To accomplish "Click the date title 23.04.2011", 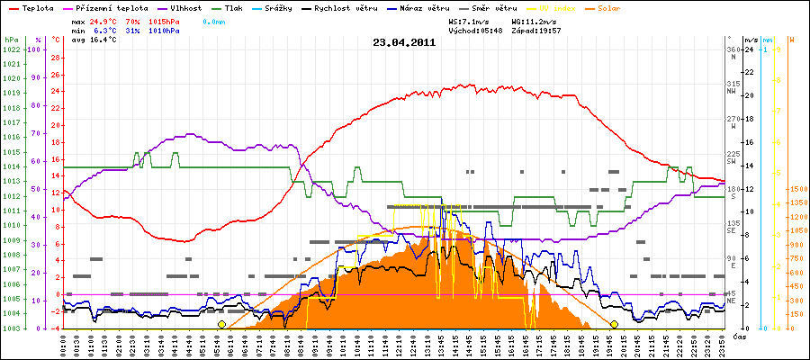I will point(404,41).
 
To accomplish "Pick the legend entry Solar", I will point(610,7).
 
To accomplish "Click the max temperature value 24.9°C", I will point(105,19).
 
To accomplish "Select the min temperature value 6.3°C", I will point(105,30).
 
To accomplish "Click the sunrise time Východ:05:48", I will point(478,30).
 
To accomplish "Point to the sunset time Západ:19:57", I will point(537,30).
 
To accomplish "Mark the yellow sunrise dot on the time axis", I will point(221,324).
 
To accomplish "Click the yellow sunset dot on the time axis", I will point(614,324).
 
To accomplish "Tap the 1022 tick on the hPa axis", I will point(11,49).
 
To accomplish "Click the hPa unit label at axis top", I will point(11,40).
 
